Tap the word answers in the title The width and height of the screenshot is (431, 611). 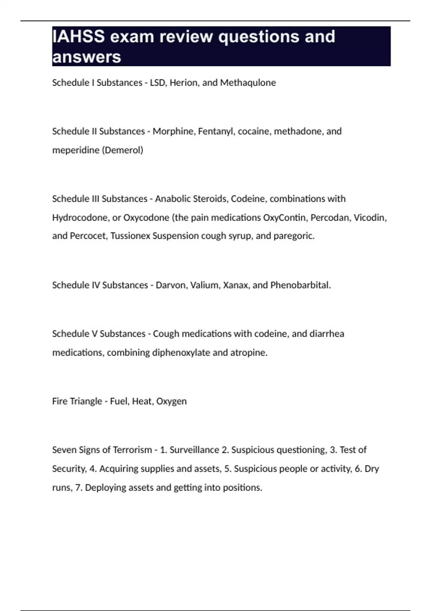click(87, 57)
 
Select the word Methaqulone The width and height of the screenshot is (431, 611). click(248, 83)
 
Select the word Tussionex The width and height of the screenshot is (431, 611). click(130, 236)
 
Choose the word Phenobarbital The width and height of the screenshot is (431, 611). click(300, 285)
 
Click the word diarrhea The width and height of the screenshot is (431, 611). click(326, 334)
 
